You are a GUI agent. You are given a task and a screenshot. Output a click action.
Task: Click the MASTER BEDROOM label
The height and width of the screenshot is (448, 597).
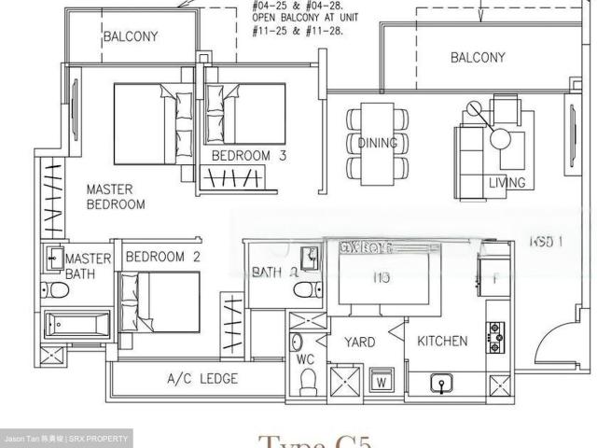(116, 195)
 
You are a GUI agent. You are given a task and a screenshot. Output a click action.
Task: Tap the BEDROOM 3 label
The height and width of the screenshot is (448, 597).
(248, 155)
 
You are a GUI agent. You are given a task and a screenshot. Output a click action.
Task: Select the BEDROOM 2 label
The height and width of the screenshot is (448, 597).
(164, 257)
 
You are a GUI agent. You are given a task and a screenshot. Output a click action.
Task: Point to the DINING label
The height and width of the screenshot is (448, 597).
(377, 143)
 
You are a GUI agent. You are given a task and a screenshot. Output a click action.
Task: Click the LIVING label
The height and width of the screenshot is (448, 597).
(507, 182)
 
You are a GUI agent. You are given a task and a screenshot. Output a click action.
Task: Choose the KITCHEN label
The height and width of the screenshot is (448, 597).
(442, 341)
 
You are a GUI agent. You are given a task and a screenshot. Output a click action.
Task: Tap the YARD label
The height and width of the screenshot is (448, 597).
(359, 342)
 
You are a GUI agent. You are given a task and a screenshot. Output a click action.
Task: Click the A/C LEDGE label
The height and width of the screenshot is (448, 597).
(201, 378)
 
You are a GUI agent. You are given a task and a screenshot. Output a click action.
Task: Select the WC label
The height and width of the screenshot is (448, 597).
(306, 357)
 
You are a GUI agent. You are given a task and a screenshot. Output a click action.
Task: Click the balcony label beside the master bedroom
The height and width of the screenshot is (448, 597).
(130, 37)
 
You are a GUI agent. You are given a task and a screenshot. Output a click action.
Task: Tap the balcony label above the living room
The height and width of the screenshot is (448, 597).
(478, 57)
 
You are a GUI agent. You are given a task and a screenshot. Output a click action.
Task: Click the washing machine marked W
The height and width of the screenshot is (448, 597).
(381, 381)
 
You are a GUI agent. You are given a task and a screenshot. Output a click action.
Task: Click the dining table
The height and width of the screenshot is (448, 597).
(378, 145)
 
